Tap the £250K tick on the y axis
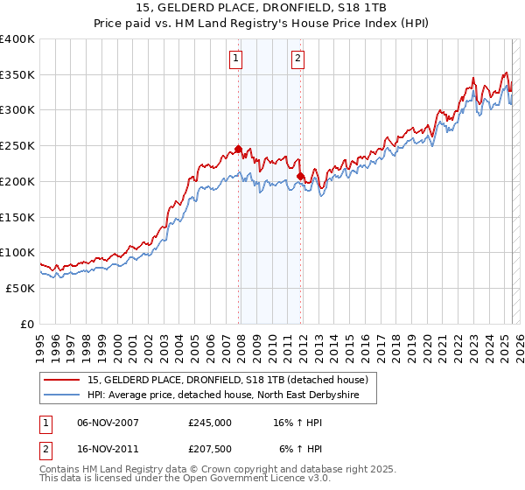coord(17,146)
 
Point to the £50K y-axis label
coord(21,288)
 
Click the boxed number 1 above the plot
coord(236,59)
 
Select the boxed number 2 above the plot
coord(297,59)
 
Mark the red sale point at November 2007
coord(238,150)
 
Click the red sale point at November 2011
coord(300,176)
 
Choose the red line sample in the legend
coord(61,380)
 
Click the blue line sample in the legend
coord(61,395)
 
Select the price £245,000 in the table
coord(209,423)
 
